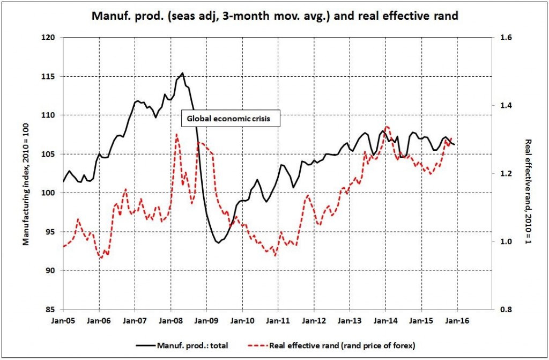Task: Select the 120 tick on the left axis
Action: pyautogui.click(x=49, y=38)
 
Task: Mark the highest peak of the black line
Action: pyautogui.click(x=183, y=73)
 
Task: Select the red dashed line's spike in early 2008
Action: pyautogui.click(x=177, y=134)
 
